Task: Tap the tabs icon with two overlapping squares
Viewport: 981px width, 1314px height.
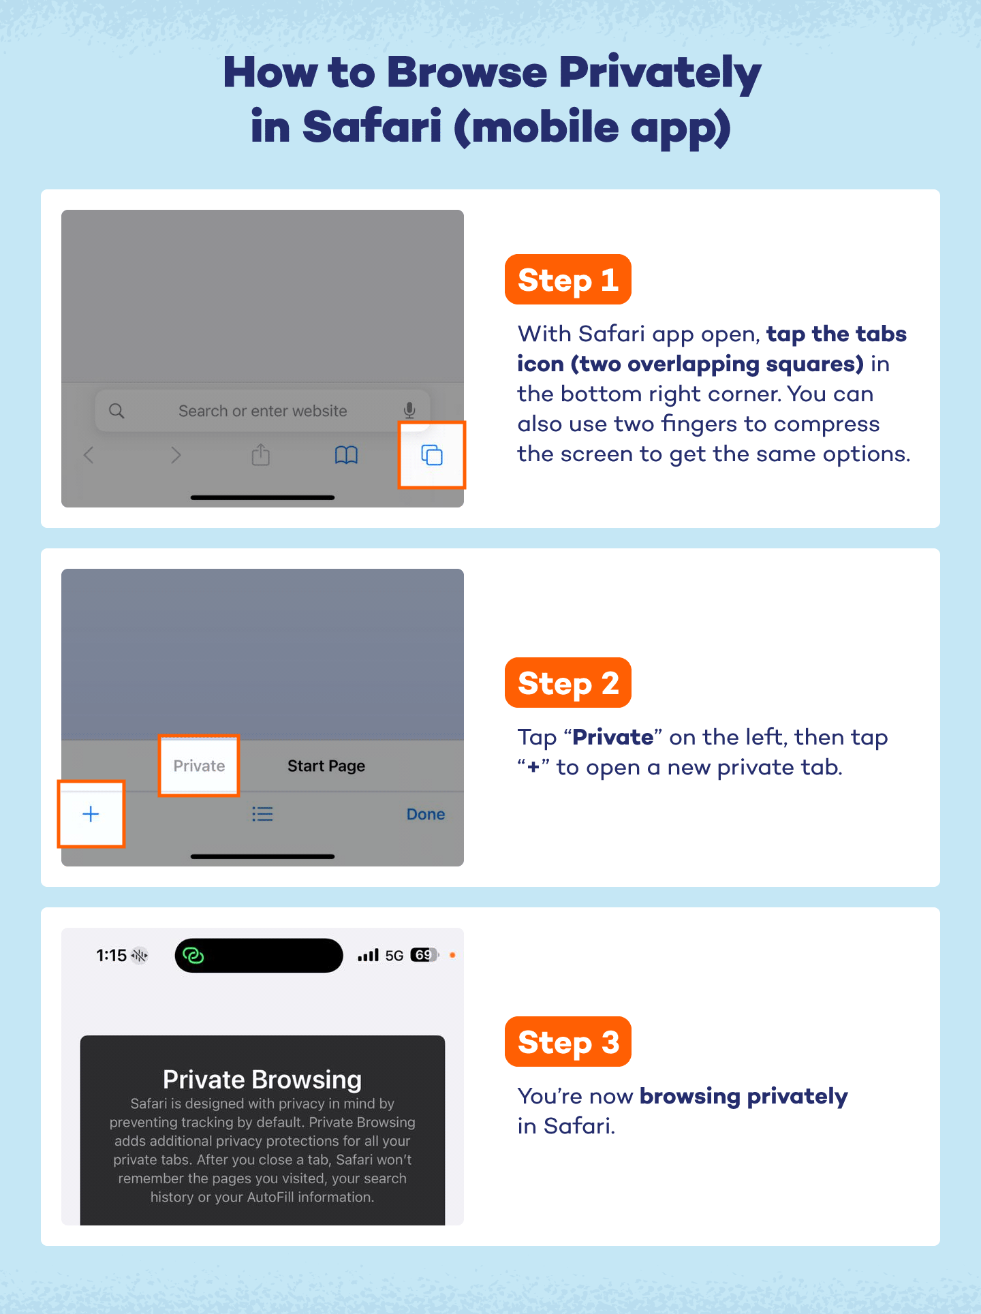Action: click(x=432, y=454)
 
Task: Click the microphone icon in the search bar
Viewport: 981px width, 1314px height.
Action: click(x=409, y=410)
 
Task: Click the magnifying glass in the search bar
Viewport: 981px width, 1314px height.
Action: click(x=116, y=411)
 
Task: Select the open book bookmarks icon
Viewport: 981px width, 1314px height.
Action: click(x=346, y=454)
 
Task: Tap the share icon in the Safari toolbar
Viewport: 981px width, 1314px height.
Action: click(x=261, y=454)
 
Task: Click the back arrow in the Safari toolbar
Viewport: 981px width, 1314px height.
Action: click(x=89, y=454)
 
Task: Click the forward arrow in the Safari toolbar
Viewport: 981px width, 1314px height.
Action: click(x=176, y=454)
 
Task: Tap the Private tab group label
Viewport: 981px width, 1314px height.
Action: click(x=199, y=766)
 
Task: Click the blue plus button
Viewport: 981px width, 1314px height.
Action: click(x=91, y=814)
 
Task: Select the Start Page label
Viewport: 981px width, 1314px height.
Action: click(x=326, y=766)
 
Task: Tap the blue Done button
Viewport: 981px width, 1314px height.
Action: click(x=425, y=814)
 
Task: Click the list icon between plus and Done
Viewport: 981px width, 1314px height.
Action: click(x=262, y=814)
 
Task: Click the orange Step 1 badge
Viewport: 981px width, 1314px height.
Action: click(x=567, y=279)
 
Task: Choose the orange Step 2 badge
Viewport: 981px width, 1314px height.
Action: click(x=567, y=683)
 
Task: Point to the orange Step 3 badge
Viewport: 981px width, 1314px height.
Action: click(x=567, y=1042)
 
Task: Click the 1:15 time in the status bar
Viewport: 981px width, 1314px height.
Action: click(x=111, y=956)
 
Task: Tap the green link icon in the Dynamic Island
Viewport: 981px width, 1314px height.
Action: click(x=193, y=956)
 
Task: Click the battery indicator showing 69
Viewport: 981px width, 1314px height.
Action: click(x=424, y=955)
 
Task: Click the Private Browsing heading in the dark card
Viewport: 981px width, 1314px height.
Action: click(x=262, y=1079)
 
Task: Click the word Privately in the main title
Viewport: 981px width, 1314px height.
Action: click(x=659, y=72)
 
